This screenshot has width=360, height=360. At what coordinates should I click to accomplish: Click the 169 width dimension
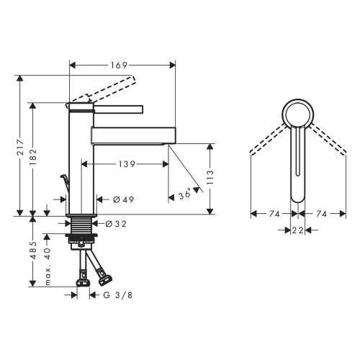(x=119, y=65)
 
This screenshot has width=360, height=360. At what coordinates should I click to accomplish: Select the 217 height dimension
(x=21, y=147)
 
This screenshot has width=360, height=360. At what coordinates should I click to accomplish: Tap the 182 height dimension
(x=33, y=157)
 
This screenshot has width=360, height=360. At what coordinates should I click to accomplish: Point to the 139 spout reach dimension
(x=127, y=164)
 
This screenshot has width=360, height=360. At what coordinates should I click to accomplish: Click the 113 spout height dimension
(x=210, y=177)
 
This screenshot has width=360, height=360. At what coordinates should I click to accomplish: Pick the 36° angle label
(x=185, y=194)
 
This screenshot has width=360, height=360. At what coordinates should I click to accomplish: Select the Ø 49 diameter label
(x=123, y=199)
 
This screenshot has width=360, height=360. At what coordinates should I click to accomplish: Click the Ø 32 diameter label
(x=116, y=224)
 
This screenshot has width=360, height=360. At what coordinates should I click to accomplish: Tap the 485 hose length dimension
(x=33, y=251)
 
